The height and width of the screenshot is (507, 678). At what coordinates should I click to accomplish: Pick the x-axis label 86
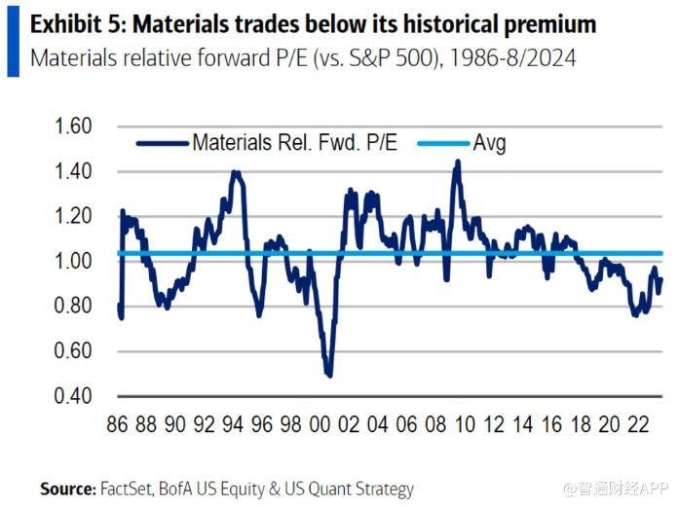click(x=117, y=425)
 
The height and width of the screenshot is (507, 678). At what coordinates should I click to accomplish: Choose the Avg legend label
click(x=489, y=144)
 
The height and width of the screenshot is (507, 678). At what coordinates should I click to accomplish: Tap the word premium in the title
click(x=545, y=24)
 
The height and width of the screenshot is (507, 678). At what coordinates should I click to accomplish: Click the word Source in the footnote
click(x=67, y=489)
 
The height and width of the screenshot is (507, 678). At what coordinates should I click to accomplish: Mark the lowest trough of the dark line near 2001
click(x=329, y=375)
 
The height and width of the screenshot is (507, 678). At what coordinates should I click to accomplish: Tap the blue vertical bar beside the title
click(x=13, y=40)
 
